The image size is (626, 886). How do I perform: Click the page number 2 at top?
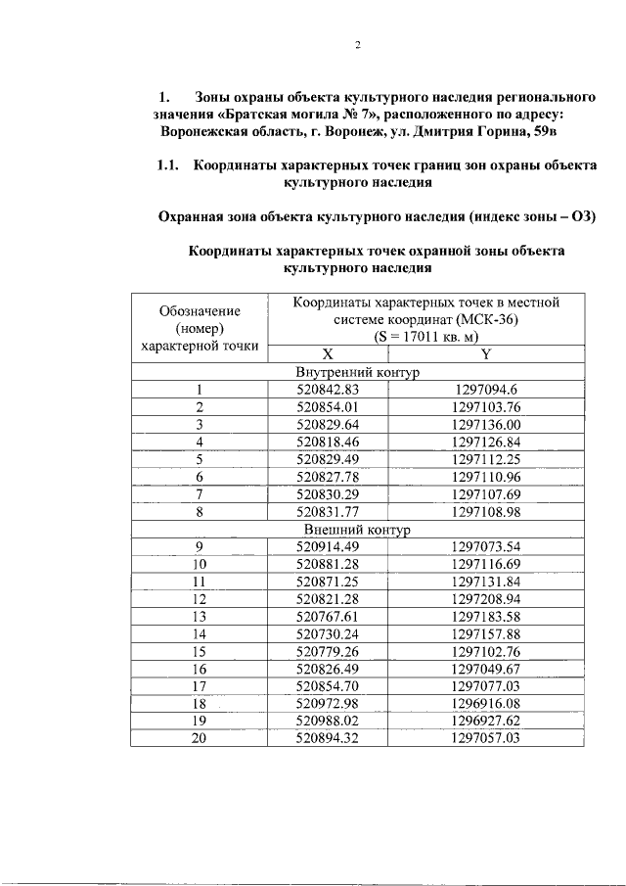[358, 45]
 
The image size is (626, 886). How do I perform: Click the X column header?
[328, 353]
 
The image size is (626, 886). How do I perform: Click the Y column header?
[486, 353]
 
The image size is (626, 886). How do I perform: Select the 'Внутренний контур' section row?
[357, 372]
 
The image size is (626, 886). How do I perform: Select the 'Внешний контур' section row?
[357, 529]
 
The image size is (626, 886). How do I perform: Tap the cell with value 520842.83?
[329, 389]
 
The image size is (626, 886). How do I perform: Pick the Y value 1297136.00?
[486, 424]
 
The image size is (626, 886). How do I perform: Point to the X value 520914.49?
[329, 546]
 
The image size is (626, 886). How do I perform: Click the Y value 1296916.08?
[486, 703]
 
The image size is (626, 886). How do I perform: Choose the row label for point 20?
[200, 738]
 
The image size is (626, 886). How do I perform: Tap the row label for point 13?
[200, 616]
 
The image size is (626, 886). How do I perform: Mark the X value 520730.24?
[329, 633]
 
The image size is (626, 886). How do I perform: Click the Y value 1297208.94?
[486, 598]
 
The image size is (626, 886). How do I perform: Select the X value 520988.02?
[329, 721]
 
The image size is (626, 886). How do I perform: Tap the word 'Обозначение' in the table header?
[200, 310]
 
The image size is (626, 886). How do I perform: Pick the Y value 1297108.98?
[486, 511]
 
